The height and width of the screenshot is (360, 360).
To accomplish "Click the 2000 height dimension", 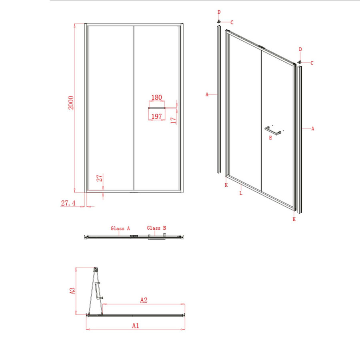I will [x=71, y=104].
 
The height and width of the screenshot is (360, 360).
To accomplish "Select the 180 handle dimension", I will [x=156, y=98].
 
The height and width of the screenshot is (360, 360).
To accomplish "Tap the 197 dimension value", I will [x=156, y=116].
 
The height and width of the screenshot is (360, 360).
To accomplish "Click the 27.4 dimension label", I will [x=68, y=203].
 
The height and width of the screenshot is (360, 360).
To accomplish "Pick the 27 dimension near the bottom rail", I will [x=100, y=178].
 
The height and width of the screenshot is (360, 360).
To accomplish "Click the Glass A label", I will [x=120, y=228].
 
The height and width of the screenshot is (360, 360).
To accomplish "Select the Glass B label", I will [x=156, y=228].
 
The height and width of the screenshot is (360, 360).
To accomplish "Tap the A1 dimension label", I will [x=135, y=326].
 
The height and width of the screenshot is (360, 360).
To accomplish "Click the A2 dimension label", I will [x=144, y=300].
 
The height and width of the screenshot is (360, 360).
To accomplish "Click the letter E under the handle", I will [x=271, y=138].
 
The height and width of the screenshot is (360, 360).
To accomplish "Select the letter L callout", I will [x=240, y=193].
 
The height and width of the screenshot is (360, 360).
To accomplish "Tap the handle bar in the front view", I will [x=157, y=108].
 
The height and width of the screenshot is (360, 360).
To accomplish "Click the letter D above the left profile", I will [x=219, y=12].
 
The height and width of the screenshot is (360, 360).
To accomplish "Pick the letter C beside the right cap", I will [x=312, y=63].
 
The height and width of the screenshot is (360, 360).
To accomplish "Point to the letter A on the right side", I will [x=313, y=129].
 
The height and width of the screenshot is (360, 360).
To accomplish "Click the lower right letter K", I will [x=294, y=219].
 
